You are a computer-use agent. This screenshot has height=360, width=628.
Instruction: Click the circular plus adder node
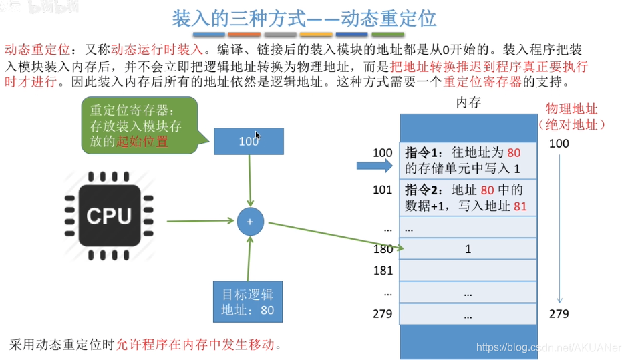(250, 222)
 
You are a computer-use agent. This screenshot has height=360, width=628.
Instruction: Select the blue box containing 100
(249, 141)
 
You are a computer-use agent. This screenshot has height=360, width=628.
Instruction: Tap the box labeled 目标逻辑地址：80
(248, 302)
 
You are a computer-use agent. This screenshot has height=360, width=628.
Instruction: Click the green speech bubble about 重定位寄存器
(139, 124)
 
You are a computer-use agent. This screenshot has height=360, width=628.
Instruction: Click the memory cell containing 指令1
(468, 160)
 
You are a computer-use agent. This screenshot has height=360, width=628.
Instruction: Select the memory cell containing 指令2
(468, 198)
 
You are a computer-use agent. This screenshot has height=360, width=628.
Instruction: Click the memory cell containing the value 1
(468, 249)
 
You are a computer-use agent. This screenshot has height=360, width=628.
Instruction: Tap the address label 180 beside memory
(383, 249)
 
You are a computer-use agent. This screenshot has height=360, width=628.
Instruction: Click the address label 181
(383, 271)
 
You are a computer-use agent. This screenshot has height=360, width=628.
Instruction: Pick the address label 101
(383, 190)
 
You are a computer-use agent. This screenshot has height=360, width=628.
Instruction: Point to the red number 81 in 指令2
(520, 206)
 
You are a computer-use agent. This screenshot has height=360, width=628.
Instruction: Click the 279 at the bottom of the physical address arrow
(559, 314)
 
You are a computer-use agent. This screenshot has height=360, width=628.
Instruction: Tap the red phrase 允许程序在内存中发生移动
(195, 345)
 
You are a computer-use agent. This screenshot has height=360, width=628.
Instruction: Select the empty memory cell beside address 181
(468, 271)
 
